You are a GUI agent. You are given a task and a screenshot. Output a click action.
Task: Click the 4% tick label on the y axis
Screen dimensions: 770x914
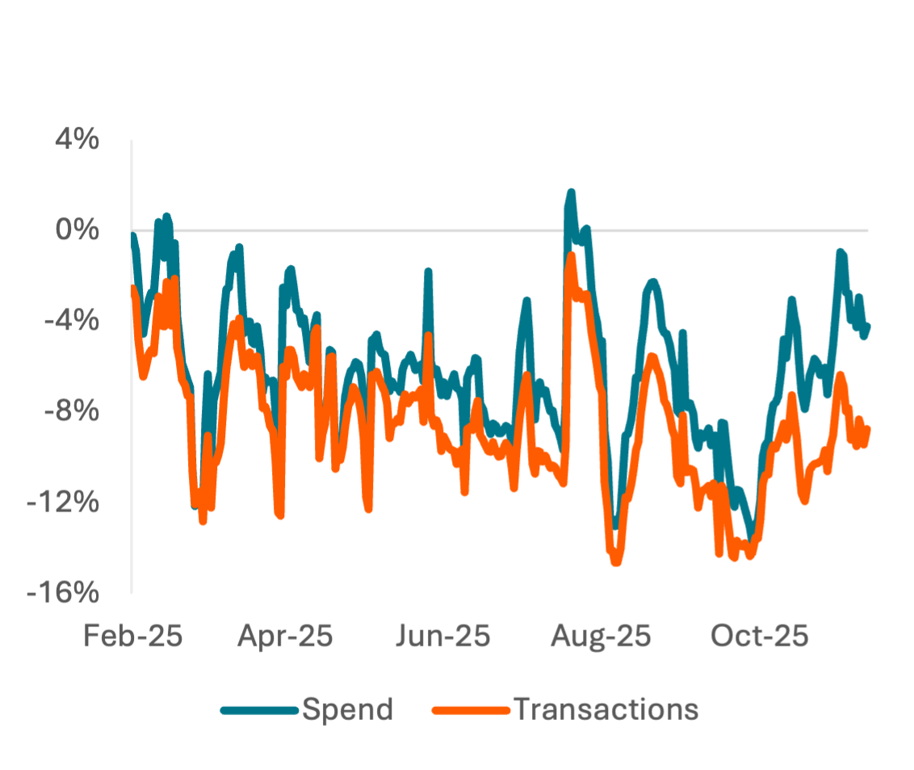[78, 141]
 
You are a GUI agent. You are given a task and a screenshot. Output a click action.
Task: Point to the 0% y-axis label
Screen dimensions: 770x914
[78, 231]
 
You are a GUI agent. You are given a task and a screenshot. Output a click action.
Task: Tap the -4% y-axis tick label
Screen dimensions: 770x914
[73, 322]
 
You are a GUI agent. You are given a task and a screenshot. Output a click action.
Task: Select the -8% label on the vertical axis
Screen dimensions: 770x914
[73, 412]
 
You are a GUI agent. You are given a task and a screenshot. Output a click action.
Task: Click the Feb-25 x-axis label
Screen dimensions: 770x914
[133, 636]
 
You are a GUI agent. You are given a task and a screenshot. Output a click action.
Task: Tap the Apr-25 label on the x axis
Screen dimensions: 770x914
[285, 636]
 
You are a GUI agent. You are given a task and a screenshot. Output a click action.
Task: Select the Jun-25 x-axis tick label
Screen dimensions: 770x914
[443, 636]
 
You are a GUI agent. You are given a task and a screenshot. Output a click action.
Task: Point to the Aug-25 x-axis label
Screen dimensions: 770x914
[602, 636]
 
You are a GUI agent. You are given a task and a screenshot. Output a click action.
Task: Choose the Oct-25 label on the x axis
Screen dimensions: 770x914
[760, 636]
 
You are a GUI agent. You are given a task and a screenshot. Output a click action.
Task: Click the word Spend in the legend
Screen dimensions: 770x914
[348, 709]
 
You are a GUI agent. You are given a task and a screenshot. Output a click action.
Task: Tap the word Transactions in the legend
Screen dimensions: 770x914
[606, 709]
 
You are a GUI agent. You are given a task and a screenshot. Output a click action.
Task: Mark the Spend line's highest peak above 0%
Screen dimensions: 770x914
[571, 193]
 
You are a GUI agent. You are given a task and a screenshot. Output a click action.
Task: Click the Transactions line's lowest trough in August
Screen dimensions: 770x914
[617, 561]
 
